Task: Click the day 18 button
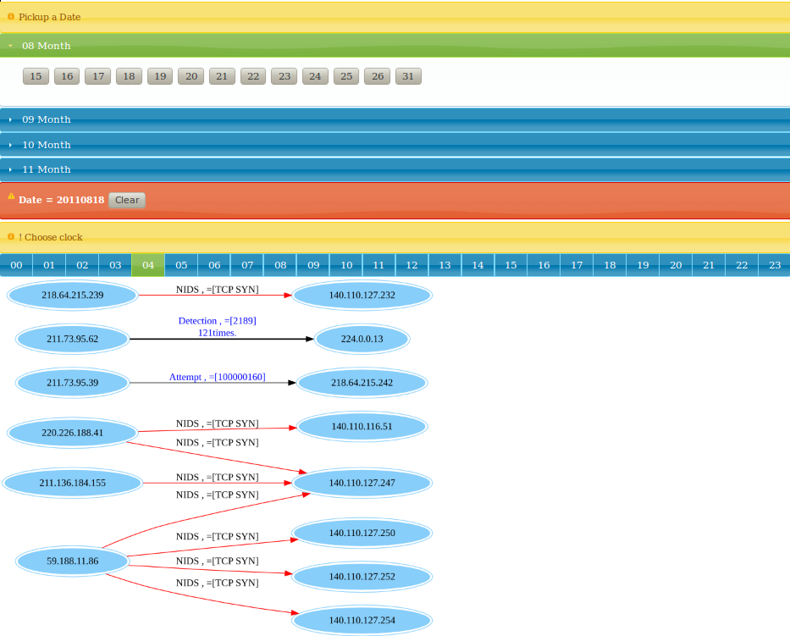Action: point(129,76)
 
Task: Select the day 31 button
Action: point(408,76)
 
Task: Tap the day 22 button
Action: point(253,76)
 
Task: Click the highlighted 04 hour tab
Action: point(148,265)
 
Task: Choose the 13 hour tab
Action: point(445,265)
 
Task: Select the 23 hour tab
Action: point(775,265)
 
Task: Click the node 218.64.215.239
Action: point(73,295)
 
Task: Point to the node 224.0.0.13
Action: point(362,339)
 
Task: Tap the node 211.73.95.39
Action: point(73,383)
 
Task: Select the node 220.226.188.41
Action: point(73,433)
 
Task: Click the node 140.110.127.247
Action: point(362,483)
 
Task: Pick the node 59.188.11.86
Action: point(73,561)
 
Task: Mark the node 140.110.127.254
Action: point(362,620)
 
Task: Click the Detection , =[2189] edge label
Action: point(217,320)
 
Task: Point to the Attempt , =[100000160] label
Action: point(217,377)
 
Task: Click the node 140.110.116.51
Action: point(362,426)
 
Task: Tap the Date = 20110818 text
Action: point(62,200)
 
